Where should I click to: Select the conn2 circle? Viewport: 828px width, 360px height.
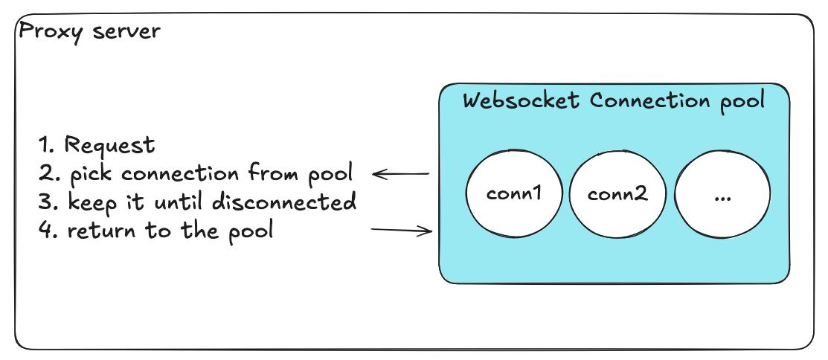click(x=617, y=195)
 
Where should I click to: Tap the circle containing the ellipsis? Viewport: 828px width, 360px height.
click(x=722, y=195)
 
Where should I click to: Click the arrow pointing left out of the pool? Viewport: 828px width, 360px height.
click(x=401, y=175)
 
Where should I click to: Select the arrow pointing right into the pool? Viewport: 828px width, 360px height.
click(x=402, y=231)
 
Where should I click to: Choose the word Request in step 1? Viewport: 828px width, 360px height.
click(x=110, y=145)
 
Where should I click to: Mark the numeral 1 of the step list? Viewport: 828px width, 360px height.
click(x=47, y=145)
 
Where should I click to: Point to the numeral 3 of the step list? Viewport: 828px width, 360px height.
click(x=46, y=202)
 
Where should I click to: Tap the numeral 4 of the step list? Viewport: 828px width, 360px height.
click(x=46, y=231)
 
